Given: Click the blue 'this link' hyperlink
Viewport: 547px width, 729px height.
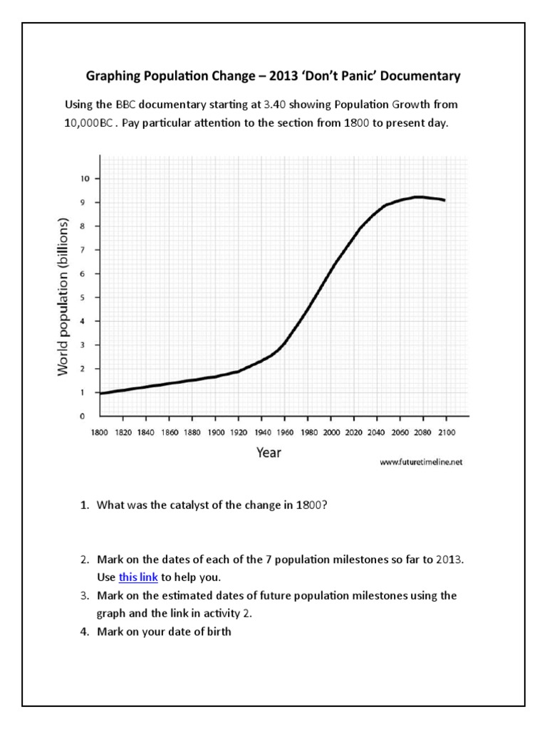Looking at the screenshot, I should [x=138, y=577].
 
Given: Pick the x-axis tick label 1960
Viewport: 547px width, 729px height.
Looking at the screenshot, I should [x=285, y=432].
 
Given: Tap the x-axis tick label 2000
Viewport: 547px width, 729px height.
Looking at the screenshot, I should [x=330, y=432].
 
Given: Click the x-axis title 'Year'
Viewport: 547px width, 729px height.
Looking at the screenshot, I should [x=269, y=453].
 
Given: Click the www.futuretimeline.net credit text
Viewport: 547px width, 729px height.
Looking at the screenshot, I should [x=422, y=461].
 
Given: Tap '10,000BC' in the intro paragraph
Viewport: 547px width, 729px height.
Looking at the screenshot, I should [x=87, y=122].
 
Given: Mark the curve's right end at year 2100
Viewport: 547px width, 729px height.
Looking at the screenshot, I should [x=445, y=201].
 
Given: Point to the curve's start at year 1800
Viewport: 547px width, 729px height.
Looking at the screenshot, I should [x=101, y=393].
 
